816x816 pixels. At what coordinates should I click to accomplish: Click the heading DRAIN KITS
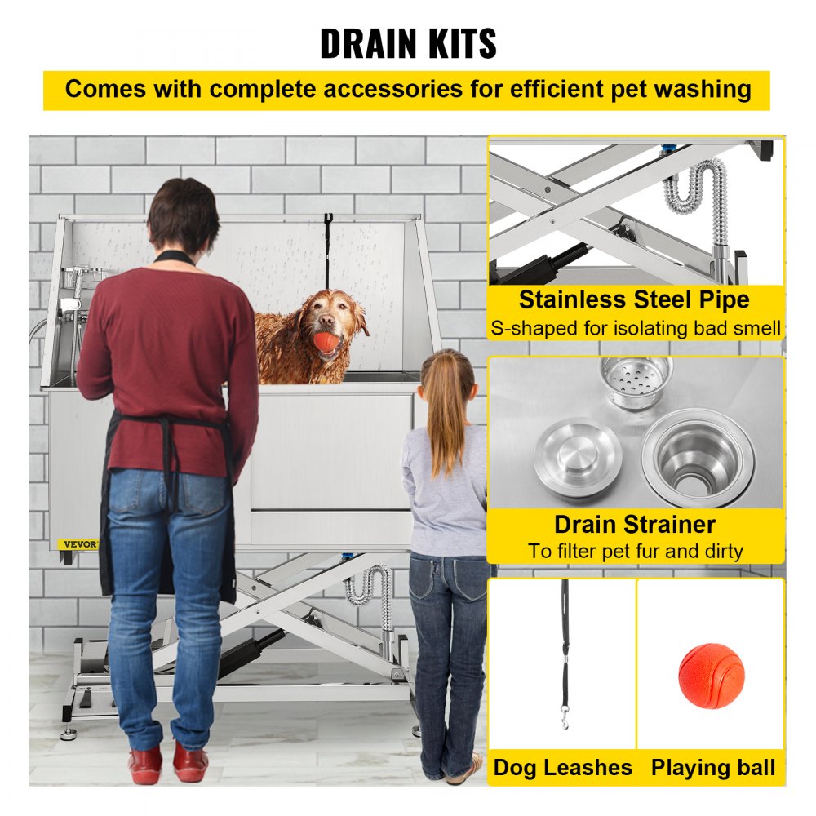tap(408, 43)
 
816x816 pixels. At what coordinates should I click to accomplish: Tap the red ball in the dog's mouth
tap(326, 340)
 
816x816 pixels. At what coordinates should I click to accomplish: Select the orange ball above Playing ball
tap(711, 675)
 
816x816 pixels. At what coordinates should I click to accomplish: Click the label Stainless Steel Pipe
tap(634, 299)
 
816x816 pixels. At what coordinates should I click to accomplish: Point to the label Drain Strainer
tap(635, 524)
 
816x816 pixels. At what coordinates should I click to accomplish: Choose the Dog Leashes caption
tap(562, 768)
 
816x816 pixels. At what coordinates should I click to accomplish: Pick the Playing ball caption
tap(712, 768)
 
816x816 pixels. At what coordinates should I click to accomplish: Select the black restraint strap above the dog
tap(327, 241)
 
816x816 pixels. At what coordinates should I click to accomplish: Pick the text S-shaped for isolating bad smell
tap(636, 329)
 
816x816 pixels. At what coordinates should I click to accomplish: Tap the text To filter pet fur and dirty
tap(635, 551)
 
